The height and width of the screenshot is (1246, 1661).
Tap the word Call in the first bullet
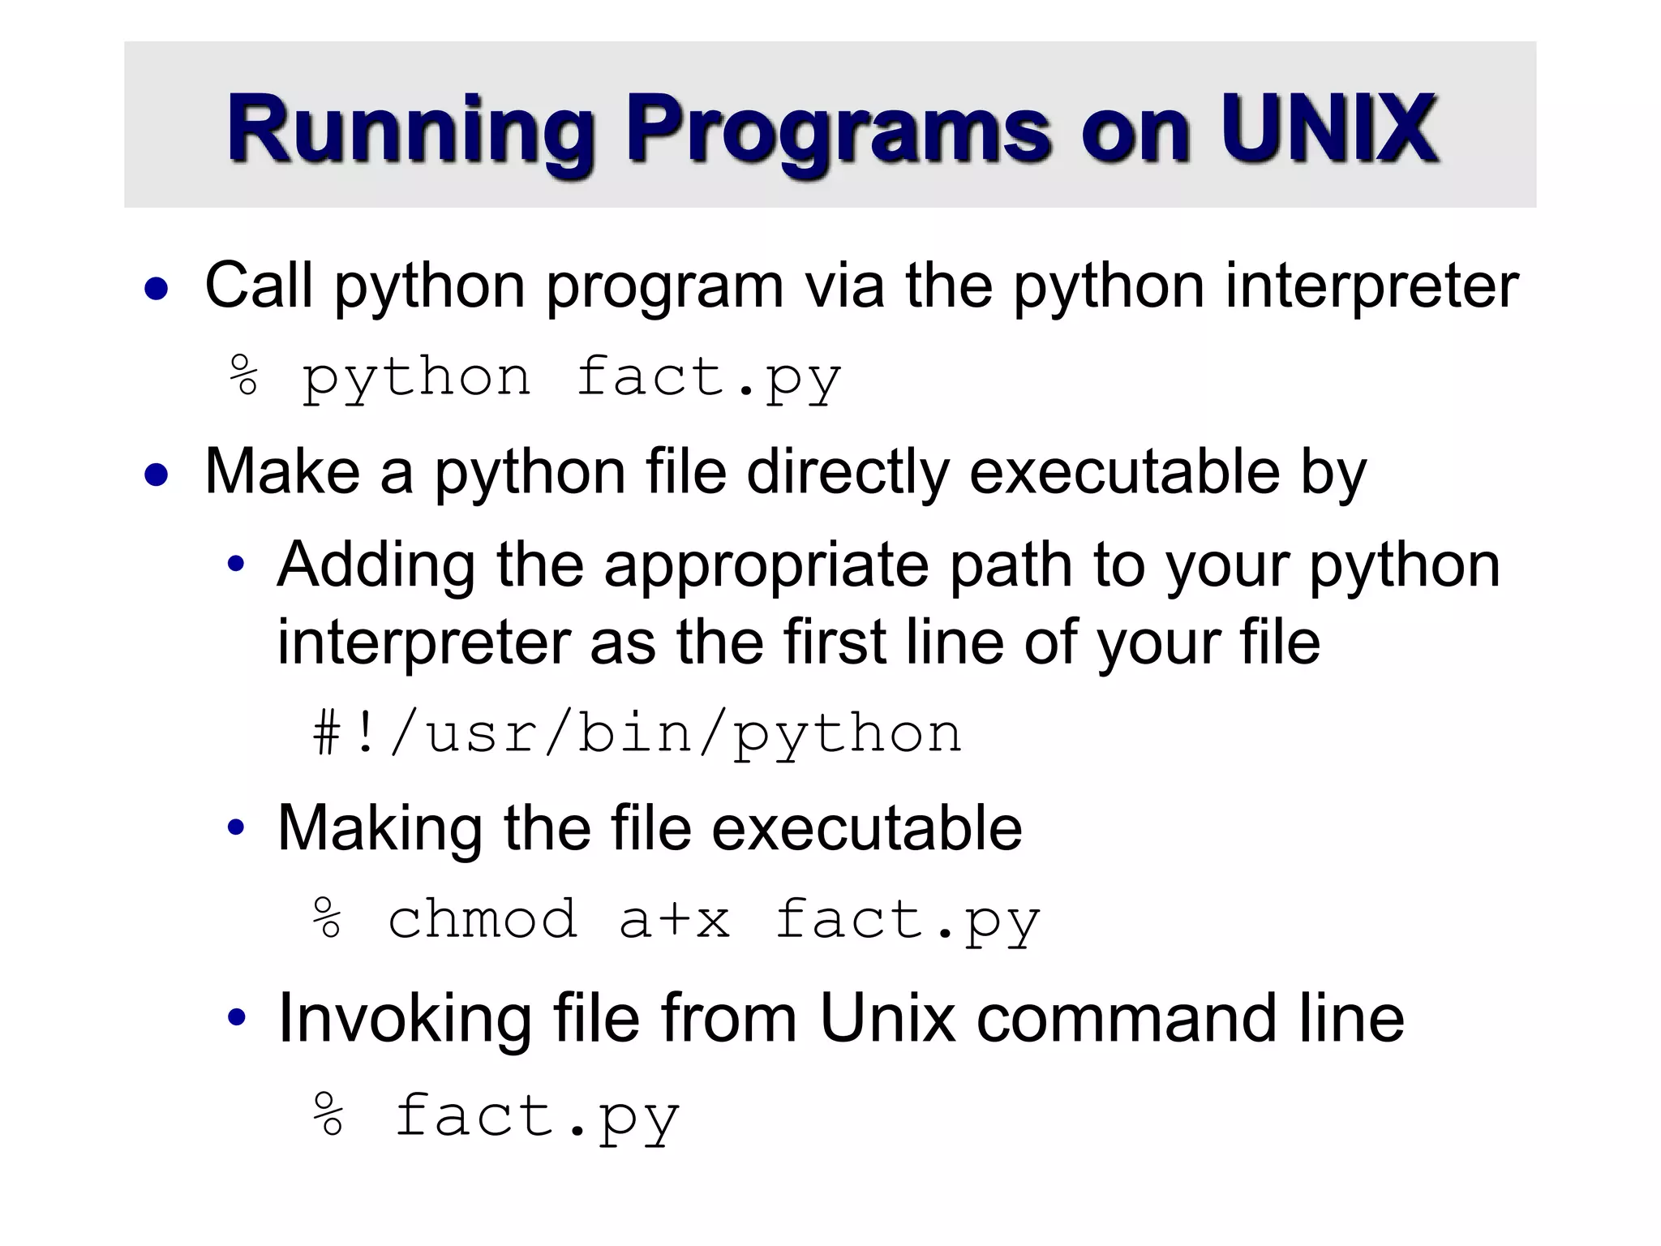[259, 286]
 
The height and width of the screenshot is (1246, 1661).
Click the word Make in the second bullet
[281, 471]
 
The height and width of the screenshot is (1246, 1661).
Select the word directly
[847, 473]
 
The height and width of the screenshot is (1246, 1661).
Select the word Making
[380, 829]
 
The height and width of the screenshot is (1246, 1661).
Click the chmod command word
[483, 920]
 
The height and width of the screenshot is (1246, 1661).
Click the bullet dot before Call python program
[157, 289]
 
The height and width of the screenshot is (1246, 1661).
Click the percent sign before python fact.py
[244, 376]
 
